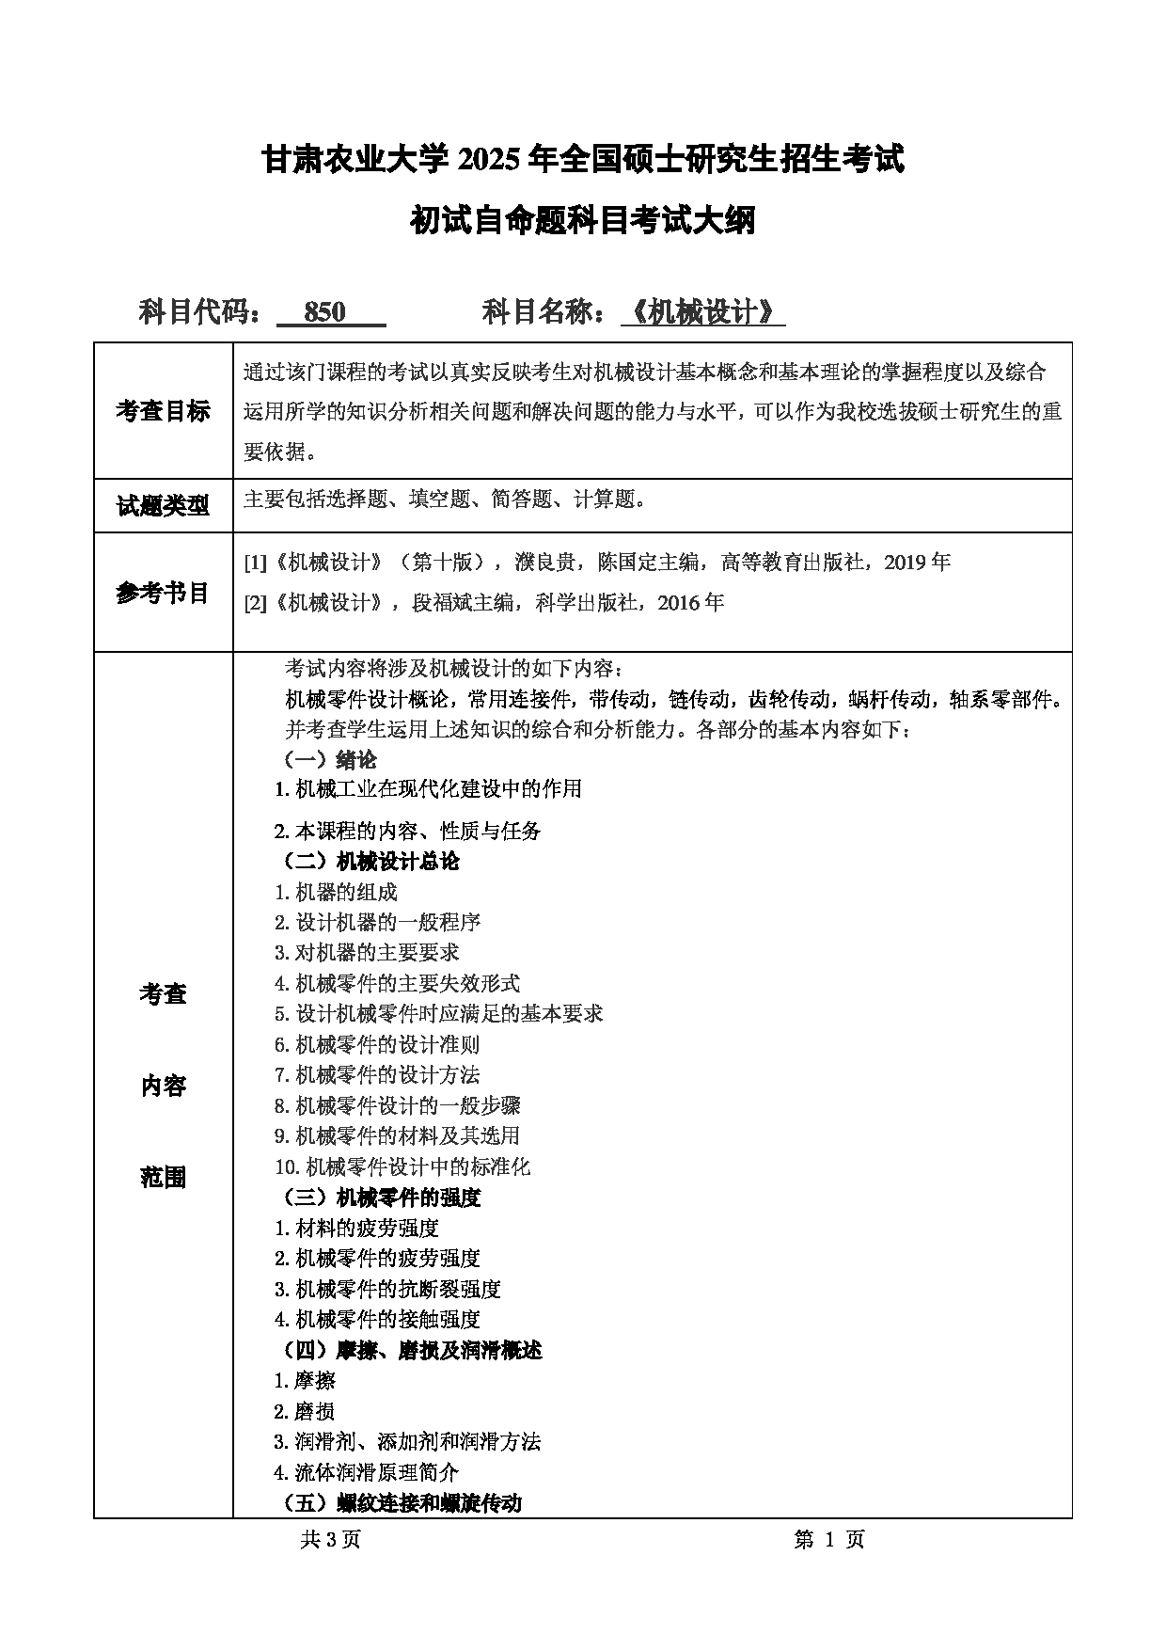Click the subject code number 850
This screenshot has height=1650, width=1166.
coord(325,312)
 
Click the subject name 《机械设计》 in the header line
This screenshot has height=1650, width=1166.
coord(703,312)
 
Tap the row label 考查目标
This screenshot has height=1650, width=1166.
coord(163,411)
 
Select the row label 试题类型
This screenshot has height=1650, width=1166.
coord(163,506)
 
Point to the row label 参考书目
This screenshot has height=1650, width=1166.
coord(163,593)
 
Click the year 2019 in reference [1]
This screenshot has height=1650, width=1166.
coord(906,563)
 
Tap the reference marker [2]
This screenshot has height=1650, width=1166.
coord(255,603)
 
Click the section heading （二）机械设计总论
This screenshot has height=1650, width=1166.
coord(371,861)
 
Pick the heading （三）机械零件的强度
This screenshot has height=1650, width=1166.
coord(382,1198)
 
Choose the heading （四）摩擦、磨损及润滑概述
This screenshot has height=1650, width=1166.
coord(413,1350)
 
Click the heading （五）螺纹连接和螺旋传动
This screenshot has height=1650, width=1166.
coord(402,1502)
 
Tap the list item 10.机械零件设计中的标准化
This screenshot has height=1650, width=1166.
coord(402,1166)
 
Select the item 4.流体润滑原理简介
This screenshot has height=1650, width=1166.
coord(366,1472)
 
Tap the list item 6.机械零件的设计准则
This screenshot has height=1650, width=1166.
coord(376,1044)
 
